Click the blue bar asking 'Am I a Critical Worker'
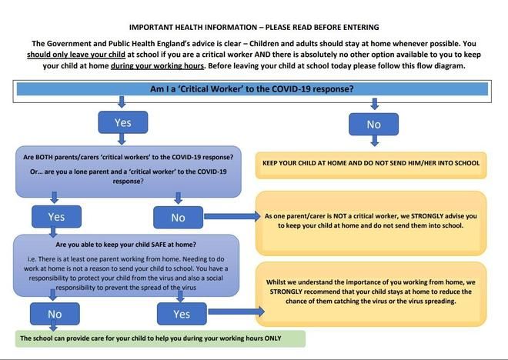252,88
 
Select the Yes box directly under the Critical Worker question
123,122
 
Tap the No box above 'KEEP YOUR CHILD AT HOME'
373,124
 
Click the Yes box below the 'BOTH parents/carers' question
57,216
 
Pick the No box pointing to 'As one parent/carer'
178,217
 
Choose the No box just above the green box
55,313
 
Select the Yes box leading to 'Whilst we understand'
182,313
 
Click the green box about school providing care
160,338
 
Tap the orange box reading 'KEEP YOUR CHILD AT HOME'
370,163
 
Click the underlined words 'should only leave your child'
74,55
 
